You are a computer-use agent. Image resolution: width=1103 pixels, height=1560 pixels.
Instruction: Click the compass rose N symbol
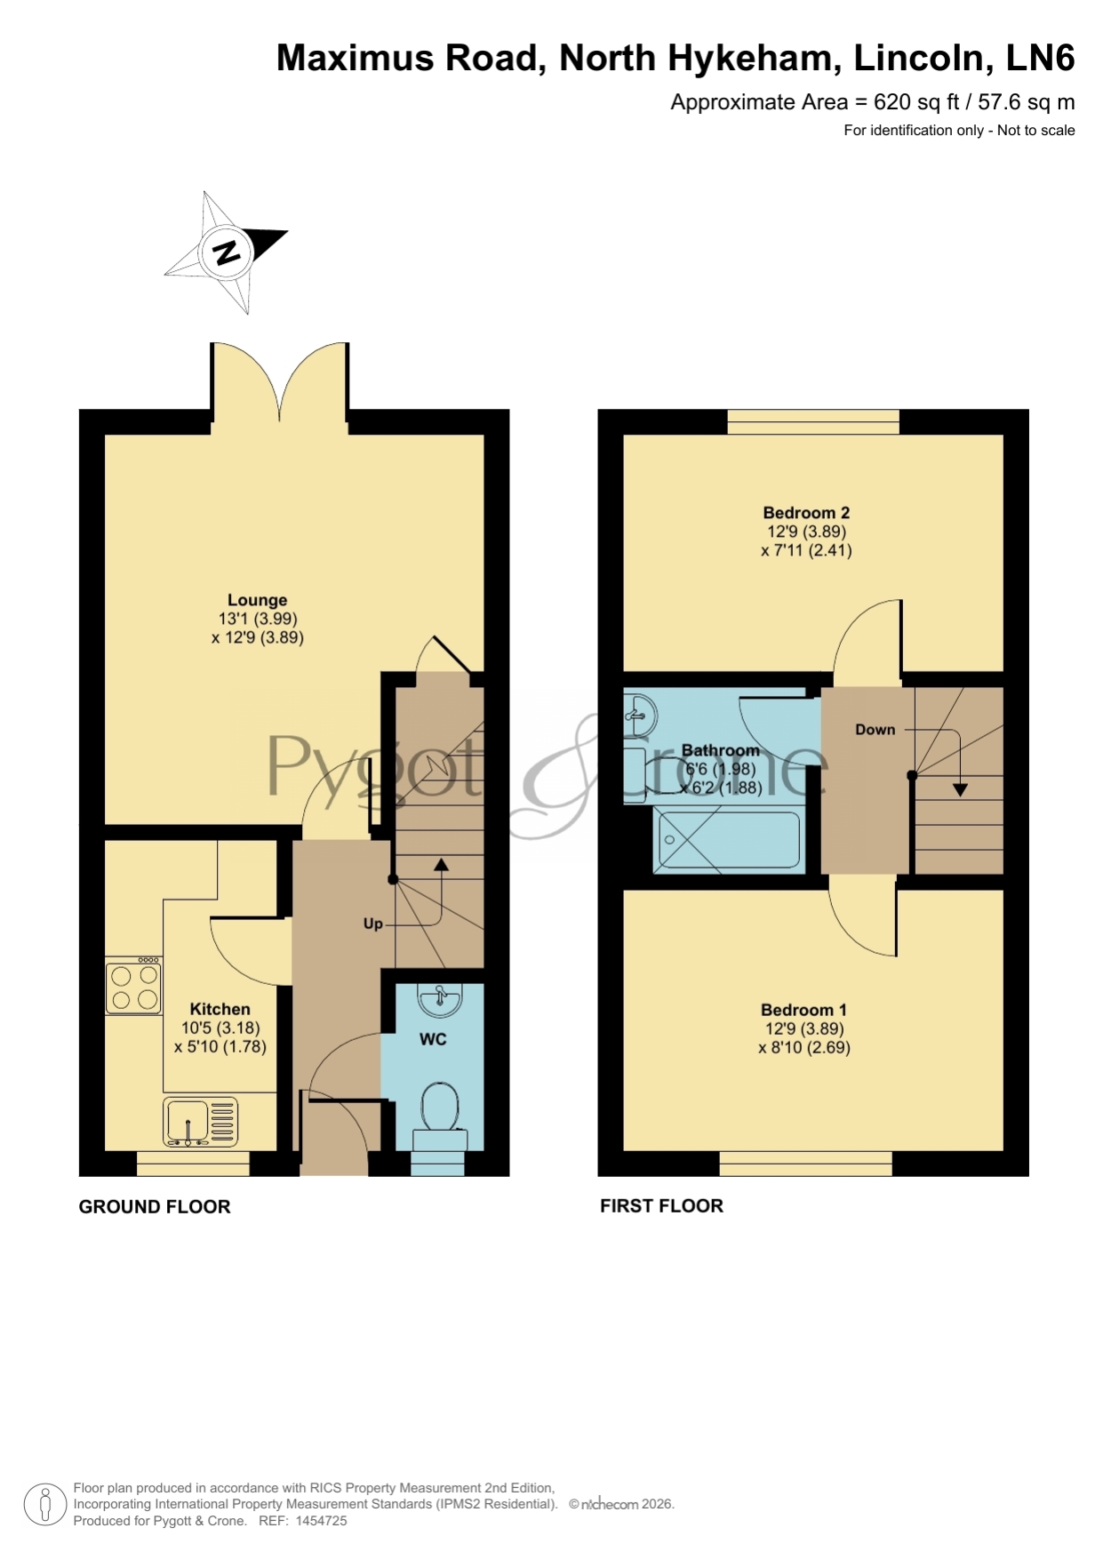coord(227,252)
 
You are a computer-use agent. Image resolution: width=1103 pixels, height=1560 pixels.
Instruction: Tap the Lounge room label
coord(257,600)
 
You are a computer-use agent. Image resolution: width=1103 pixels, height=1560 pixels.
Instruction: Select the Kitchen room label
coord(220,1009)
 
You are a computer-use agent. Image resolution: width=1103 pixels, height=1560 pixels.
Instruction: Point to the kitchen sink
coord(201,1122)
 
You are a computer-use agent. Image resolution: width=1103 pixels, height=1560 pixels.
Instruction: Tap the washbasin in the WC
coord(439,999)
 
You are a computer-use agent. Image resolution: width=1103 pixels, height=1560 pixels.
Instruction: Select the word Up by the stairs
coord(372,924)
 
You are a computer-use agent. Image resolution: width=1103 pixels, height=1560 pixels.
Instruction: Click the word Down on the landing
coord(875,730)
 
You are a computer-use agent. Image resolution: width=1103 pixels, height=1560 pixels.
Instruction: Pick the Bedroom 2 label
coord(806,513)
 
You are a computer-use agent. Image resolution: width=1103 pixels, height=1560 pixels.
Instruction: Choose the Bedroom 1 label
coord(803,1010)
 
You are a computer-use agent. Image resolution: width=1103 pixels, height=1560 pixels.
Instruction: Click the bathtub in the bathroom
coord(727,840)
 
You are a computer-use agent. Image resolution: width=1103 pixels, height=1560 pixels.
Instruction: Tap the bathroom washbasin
coord(640,714)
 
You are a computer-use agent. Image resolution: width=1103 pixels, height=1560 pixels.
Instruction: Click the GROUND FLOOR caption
coord(155,1206)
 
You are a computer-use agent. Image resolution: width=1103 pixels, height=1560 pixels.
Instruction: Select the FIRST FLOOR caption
coord(661,1205)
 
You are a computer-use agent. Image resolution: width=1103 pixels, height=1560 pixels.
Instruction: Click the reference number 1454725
coord(321,1521)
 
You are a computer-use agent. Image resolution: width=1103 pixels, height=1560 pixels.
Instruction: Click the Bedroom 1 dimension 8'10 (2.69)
coord(804,1047)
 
